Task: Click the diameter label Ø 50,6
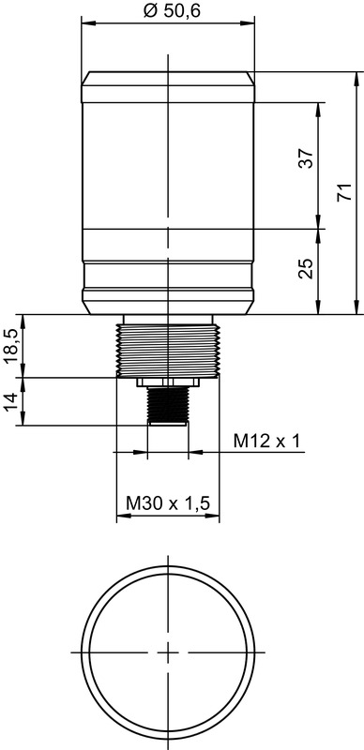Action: point(172,10)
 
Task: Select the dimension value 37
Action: point(306,158)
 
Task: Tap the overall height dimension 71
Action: point(345,192)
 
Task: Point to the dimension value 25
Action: point(306,269)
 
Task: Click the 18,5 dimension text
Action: point(13,346)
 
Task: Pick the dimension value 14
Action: point(13,401)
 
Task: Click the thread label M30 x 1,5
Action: point(168,503)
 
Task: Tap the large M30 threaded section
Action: point(168,350)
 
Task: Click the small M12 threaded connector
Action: point(168,404)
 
